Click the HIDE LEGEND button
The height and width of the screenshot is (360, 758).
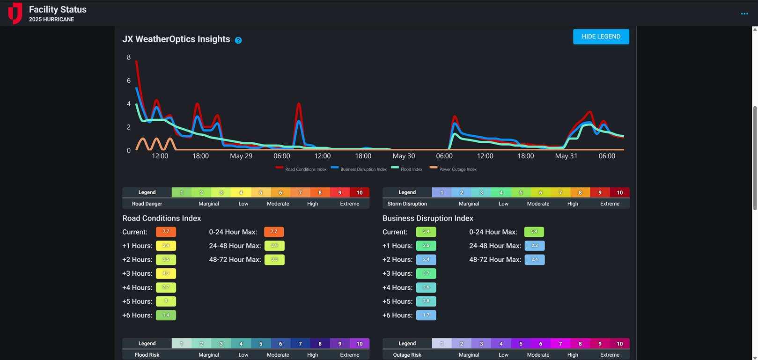(601, 37)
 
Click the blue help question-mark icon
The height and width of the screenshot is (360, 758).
(238, 40)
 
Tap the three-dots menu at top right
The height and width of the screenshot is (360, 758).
(744, 14)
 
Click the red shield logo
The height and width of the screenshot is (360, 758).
(15, 13)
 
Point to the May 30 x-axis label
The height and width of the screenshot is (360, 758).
(404, 156)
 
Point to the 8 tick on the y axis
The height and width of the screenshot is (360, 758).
(129, 58)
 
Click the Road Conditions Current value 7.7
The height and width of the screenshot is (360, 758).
(166, 232)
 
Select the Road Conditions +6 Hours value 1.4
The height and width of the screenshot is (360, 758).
(166, 315)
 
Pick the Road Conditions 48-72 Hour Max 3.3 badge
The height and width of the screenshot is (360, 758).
(274, 259)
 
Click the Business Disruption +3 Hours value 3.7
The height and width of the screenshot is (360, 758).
(426, 273)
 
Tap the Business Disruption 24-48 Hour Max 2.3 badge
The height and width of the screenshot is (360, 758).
(535, 246)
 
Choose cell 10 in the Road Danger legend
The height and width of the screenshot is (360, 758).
(360, 192)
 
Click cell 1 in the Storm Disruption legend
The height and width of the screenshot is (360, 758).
(442, 192)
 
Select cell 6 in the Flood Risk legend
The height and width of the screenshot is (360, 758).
(280, 344)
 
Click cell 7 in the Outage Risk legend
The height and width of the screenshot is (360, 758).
(560, 344)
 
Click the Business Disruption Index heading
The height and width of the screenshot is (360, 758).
(427, 218)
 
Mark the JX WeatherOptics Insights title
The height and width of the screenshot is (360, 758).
(176, 39)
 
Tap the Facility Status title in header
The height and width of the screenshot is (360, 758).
(58, 9)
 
